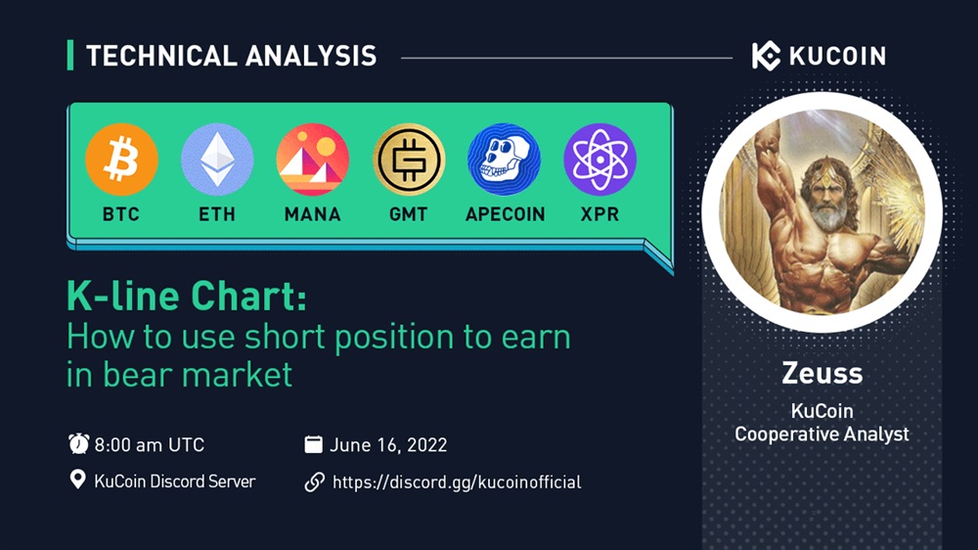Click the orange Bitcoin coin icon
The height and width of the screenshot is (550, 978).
click(121, 160)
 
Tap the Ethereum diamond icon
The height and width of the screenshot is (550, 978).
click(217, 160)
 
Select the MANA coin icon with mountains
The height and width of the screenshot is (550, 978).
click(313, 160)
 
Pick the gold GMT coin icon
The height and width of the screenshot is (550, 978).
click(409, 160)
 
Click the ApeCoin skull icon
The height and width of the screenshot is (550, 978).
click(504, 160)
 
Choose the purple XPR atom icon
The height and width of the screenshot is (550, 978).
click(600, 160)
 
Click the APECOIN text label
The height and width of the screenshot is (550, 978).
click(506, 214)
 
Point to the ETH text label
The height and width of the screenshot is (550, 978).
click(217, 214)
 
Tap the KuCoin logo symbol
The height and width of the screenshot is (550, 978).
click(766, 56)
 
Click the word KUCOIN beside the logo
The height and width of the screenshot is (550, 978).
click(837, 56)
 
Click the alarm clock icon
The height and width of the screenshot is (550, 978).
click(78, 444)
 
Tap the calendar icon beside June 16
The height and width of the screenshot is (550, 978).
click(313, 444)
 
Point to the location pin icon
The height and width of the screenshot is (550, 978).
click(77, 480)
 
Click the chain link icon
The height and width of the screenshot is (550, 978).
click(314, 481)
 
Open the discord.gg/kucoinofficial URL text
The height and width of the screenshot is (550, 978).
click(457, 481)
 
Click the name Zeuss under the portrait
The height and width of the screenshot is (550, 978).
click(822, 373)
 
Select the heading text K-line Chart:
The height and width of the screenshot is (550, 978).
click(187, 296)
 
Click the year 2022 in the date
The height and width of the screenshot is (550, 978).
click(426, 445)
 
